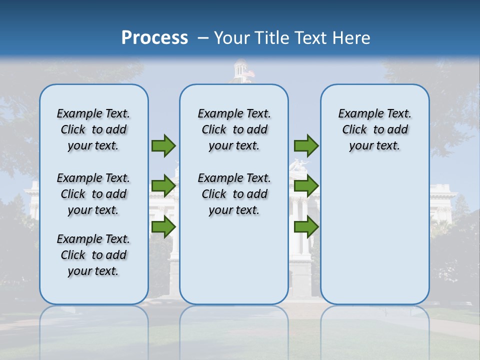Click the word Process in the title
[x=154, y=37]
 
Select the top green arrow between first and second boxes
[x=163, y=145]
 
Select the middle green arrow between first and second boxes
[x=163, y=186]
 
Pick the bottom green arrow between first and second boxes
[x=163, y=227]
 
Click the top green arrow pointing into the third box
[x=306, y=145]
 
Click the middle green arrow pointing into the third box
[x=306, y=186]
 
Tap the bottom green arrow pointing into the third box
[x=306, y=227]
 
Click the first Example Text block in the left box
[x=93, y=129]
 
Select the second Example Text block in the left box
[x=93, y=194]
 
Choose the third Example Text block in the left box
[x=93, y=255]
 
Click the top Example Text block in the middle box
[x=234, y=129]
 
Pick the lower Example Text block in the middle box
[x=234, y=194]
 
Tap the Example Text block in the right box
[x=374, y=129]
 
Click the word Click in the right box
[x=354, y=130]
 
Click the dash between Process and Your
[x=203, y=38]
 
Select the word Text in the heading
[x=311, y=37]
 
